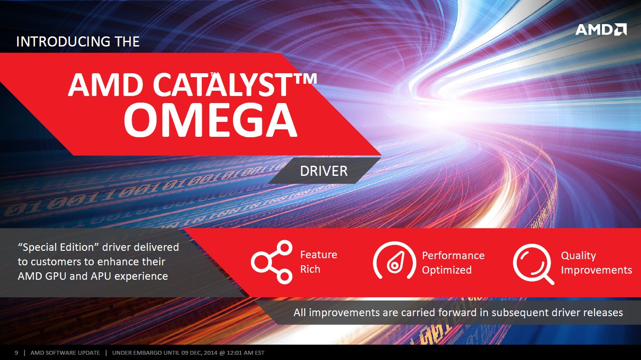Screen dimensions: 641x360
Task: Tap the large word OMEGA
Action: [x=210, y=120]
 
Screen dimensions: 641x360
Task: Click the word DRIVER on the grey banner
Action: [x=324, y=171]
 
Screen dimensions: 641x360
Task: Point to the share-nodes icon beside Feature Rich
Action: [x=272, y=262]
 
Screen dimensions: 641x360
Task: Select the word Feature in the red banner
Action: [x=319, y=254]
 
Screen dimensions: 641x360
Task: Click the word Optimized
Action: [x=447, y=270]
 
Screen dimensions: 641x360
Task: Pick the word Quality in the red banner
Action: [x=578, y=256]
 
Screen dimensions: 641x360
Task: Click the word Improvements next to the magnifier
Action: [x=596, y=270]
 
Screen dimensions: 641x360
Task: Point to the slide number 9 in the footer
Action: [x=16, y=353]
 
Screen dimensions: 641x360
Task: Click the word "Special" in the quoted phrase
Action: [x=39, y=247]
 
